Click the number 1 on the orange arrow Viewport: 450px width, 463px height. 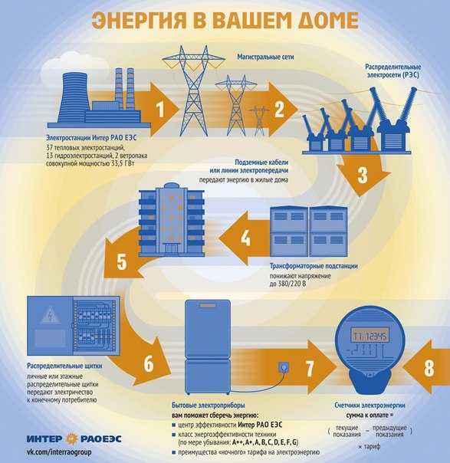click(x=160, y=109)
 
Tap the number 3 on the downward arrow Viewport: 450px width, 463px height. click(x=363, y=175)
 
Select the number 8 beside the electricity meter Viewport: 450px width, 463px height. click(x=429, y=368)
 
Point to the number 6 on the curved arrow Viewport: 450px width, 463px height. click(x=149, y=363)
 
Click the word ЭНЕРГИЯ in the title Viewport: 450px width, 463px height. click(x=139, y=21)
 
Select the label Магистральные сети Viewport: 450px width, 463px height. click(x=265, y=57)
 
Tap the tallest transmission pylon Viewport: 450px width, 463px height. click(x=193, y=90)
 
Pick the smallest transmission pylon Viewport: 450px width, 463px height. click(x=258, y=120)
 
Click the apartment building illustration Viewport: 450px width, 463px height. click(x=172, y=219)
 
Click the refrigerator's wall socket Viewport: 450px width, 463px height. click(x=284, y=368)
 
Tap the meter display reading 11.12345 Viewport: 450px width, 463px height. click(x=370, y=336)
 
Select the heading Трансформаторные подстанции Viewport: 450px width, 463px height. click(x=314, y=266)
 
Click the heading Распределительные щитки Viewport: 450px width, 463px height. click(x=64, y=366)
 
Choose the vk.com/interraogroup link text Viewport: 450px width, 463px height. click(x=59, y=452)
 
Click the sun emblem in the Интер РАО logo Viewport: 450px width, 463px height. click(x=71, y=438)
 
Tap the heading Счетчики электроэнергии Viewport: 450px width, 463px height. click(x=370, y=406)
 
